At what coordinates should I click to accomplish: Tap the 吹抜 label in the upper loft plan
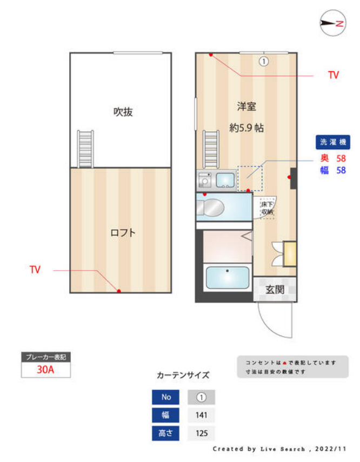point(123,112)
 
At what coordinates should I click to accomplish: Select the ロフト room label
point(123,233)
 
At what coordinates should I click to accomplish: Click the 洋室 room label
point(246,106)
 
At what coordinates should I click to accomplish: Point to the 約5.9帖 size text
point(246,129)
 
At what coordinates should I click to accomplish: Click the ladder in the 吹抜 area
point(85,149)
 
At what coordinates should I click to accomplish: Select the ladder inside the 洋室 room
point(211,150)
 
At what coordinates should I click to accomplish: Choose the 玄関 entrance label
point(275,290)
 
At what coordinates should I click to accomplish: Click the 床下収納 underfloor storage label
point(267,208)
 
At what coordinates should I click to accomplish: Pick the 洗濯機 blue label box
point(332,142)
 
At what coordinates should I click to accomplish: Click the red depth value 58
point(341,158)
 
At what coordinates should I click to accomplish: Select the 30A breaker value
point(46,370)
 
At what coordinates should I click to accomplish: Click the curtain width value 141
point(201,415)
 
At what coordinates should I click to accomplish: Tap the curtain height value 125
point(201,433)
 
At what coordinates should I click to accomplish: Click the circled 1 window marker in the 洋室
point(263,62)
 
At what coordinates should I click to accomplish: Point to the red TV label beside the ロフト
point(35,269)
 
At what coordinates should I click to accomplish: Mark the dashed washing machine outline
point(249,178)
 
